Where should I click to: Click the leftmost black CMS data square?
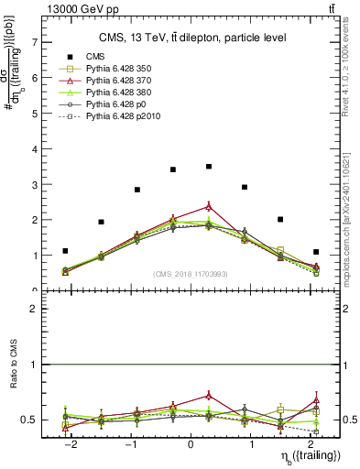pyautogui.click(x=65, y=251)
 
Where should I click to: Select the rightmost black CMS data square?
pyautogui.click(x=315, y=252)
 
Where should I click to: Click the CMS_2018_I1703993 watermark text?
pyautogui.click(x=190, y=274)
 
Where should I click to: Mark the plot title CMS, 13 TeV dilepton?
pyautogui.click(x=190, y=38)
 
